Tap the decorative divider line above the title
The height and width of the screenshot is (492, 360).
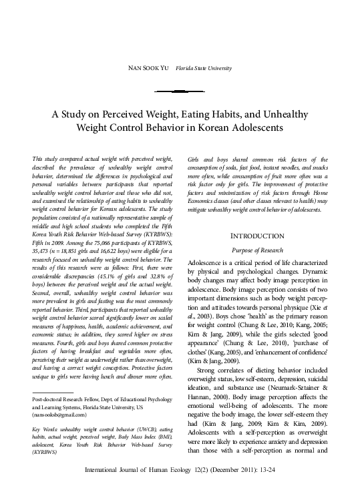point(180,91)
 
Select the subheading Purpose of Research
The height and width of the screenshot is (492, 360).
point(259,249)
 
